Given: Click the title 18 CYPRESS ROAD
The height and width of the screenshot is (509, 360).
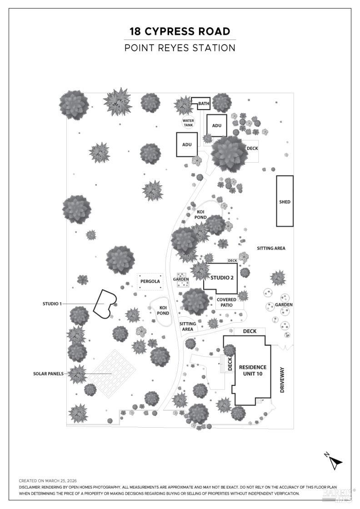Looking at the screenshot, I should tap(180, 31).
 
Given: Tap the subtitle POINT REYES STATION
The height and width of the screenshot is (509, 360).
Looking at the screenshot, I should tap(180, 48).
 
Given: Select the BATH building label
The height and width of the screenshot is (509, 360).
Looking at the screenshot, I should tap(203, 104).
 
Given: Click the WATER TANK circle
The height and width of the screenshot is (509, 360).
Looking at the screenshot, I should tap(188, 123).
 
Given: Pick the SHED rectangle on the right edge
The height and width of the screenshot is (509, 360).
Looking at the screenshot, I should tap(285, 201).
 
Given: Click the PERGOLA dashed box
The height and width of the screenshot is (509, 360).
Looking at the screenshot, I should tap(150, 282).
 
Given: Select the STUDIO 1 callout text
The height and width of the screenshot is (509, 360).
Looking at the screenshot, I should tap(52, 304).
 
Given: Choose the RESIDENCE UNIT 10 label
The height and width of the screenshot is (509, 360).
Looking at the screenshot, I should tap(252, 370).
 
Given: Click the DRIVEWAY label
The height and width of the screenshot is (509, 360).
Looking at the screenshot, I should tap(282, 380).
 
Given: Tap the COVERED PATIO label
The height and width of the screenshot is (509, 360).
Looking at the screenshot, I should tap(226, 302).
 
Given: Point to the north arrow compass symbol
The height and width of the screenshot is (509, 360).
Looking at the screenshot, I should tap(335, 461).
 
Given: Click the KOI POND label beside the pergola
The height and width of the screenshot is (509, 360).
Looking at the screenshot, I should tap(163, 310).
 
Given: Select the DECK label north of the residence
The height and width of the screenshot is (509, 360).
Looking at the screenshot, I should tap(250, 331).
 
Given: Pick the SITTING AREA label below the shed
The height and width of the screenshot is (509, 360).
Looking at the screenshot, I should tap(271, 248).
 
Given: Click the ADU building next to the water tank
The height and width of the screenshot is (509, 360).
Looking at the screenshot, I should tap(187, 145).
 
